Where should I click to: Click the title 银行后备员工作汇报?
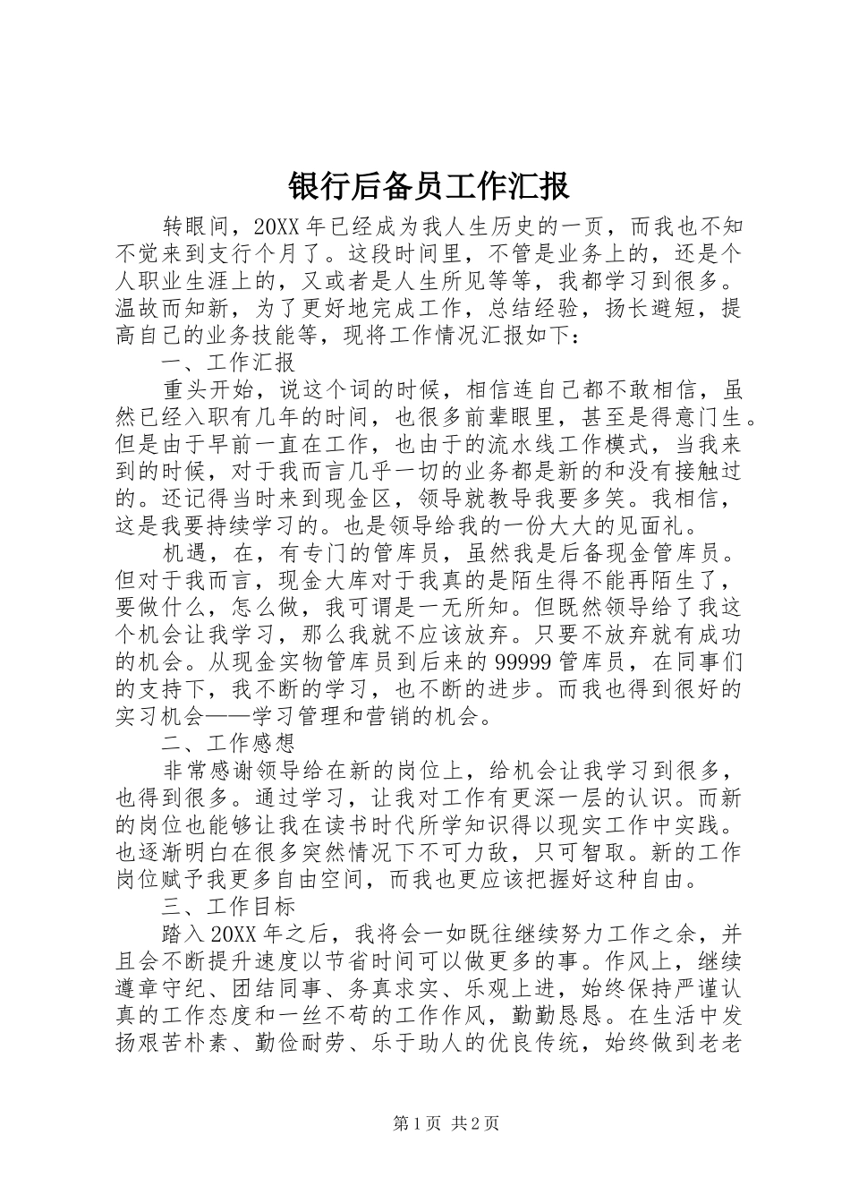click(429, 187)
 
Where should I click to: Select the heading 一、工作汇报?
click(228, 363)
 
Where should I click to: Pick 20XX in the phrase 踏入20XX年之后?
click(234, 935)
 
